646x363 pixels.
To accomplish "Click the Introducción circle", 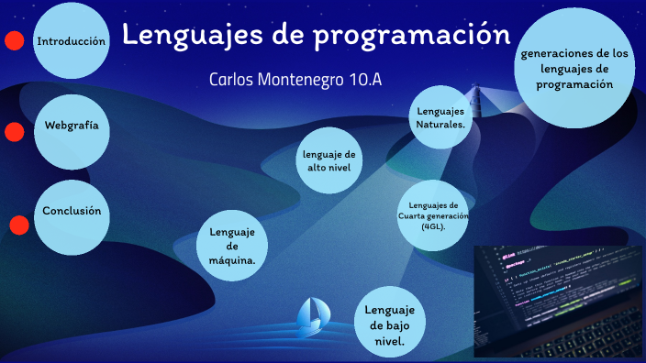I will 72,41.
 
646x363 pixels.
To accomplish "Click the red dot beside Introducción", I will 14,40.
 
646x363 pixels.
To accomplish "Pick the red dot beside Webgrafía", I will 14,132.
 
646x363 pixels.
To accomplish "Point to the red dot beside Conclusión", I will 18,225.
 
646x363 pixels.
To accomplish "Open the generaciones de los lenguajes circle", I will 575,69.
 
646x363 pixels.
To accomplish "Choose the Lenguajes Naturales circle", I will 440,116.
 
